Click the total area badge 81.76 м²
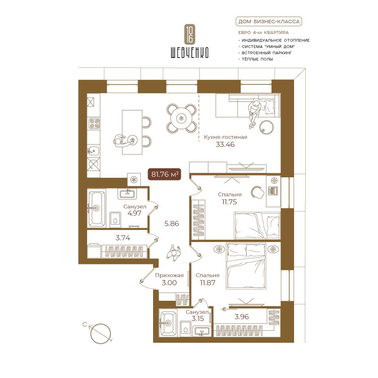coord(164,174)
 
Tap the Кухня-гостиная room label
coord(225,137)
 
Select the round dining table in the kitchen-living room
coord(181,118)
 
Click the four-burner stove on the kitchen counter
coord(94,123)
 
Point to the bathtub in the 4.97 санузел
coord(97,207)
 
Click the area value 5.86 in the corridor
coord(171,224)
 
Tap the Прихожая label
coord(169,275)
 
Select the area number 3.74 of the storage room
coord(123,238)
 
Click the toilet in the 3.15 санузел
coord(185,328)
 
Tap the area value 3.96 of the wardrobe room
coord(242,317)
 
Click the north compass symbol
coord(100,333)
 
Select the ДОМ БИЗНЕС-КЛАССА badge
coord(268,22)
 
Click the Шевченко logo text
coord(189,53)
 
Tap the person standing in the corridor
coord(174,253)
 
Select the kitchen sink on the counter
coord(93,151)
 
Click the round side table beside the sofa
coord(266,127)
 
